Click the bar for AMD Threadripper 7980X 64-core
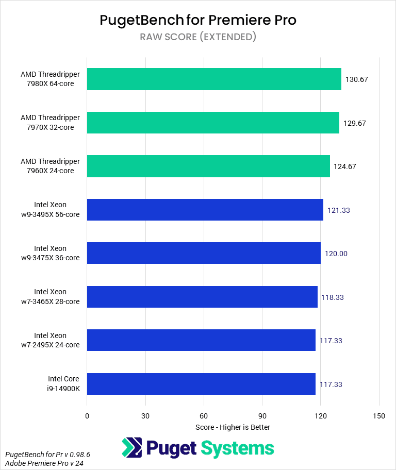click(214, 79)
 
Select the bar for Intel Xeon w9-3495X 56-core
click(205, 210)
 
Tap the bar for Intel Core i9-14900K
click(201, 384)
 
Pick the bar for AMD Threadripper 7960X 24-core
click(208, 166)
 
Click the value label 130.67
click(356, 80)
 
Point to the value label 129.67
click(354, 123)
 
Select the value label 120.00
click(336, 254)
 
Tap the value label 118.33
click(333, 297)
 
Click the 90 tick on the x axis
click(262, 416)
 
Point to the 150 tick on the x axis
click(379, 416)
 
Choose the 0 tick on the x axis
click(87, 416)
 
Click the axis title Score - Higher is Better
click(233, 427)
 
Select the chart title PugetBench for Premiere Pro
click(198, 20)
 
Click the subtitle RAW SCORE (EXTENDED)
click(198, 37)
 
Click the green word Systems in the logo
click(237, 448)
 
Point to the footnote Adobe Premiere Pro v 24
click(44, 464)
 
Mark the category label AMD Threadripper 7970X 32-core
click(51, 123)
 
